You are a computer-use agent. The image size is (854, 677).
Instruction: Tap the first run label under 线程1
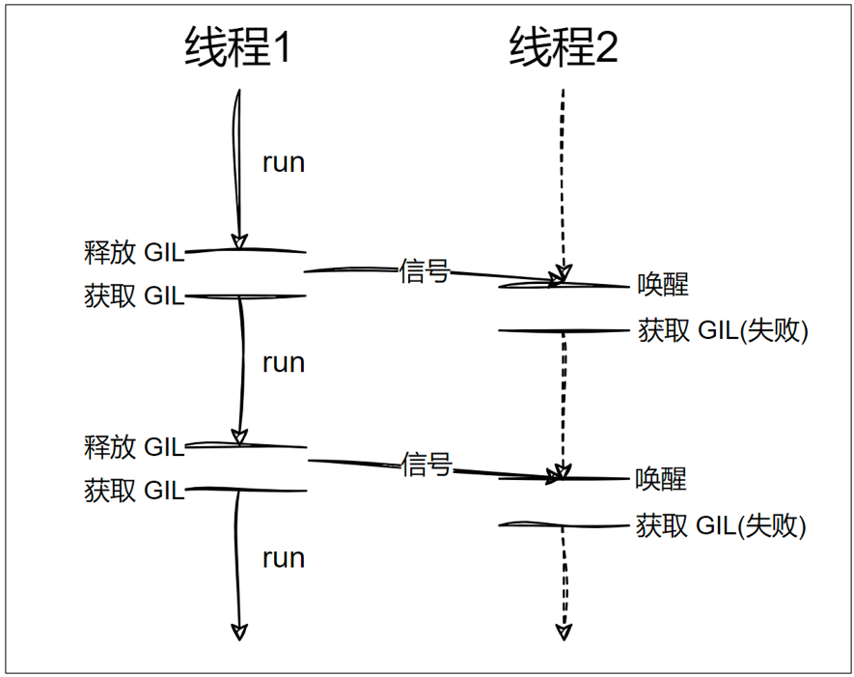click(x=284, y=162)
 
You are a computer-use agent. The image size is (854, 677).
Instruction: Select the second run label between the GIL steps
click(x=284, y=362)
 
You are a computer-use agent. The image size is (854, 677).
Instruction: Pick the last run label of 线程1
click(x=284, y=557)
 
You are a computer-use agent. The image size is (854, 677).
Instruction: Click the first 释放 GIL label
click(x=134, y=253)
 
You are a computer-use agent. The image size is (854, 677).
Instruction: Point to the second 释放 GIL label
click(x=134, y=447)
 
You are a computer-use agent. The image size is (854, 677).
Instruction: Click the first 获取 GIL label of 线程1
click(x=134, y=296)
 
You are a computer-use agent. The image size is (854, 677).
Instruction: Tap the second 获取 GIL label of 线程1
click(x=134, y=491)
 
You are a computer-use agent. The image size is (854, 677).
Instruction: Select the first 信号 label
click(x=425, y=271)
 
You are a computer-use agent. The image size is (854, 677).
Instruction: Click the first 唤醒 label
click(x=663, y=285)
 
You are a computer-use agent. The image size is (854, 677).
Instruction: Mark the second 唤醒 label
click(x=661, y=478)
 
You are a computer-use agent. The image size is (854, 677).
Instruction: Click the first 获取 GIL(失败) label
click(x=723, y=331)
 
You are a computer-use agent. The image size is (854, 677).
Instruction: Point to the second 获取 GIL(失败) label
click(x=721, y=525)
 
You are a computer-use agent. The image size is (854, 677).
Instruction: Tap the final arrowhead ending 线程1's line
click(x=239, y=632)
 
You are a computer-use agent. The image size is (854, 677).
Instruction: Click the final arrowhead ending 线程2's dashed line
click(x=565, y=632)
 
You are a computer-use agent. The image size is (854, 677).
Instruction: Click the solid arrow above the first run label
click(x=236, y=164)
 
